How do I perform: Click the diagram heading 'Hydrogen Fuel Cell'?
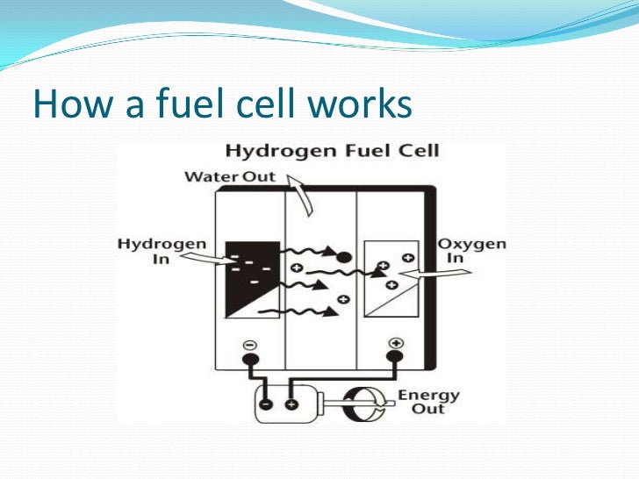[x=332, y=150]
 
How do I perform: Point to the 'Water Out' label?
[x=229, y=176]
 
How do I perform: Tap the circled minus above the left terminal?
[x=249, y=344]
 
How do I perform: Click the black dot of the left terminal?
[x=249, y=359]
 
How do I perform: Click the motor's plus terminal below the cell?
[x=292, y=405]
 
